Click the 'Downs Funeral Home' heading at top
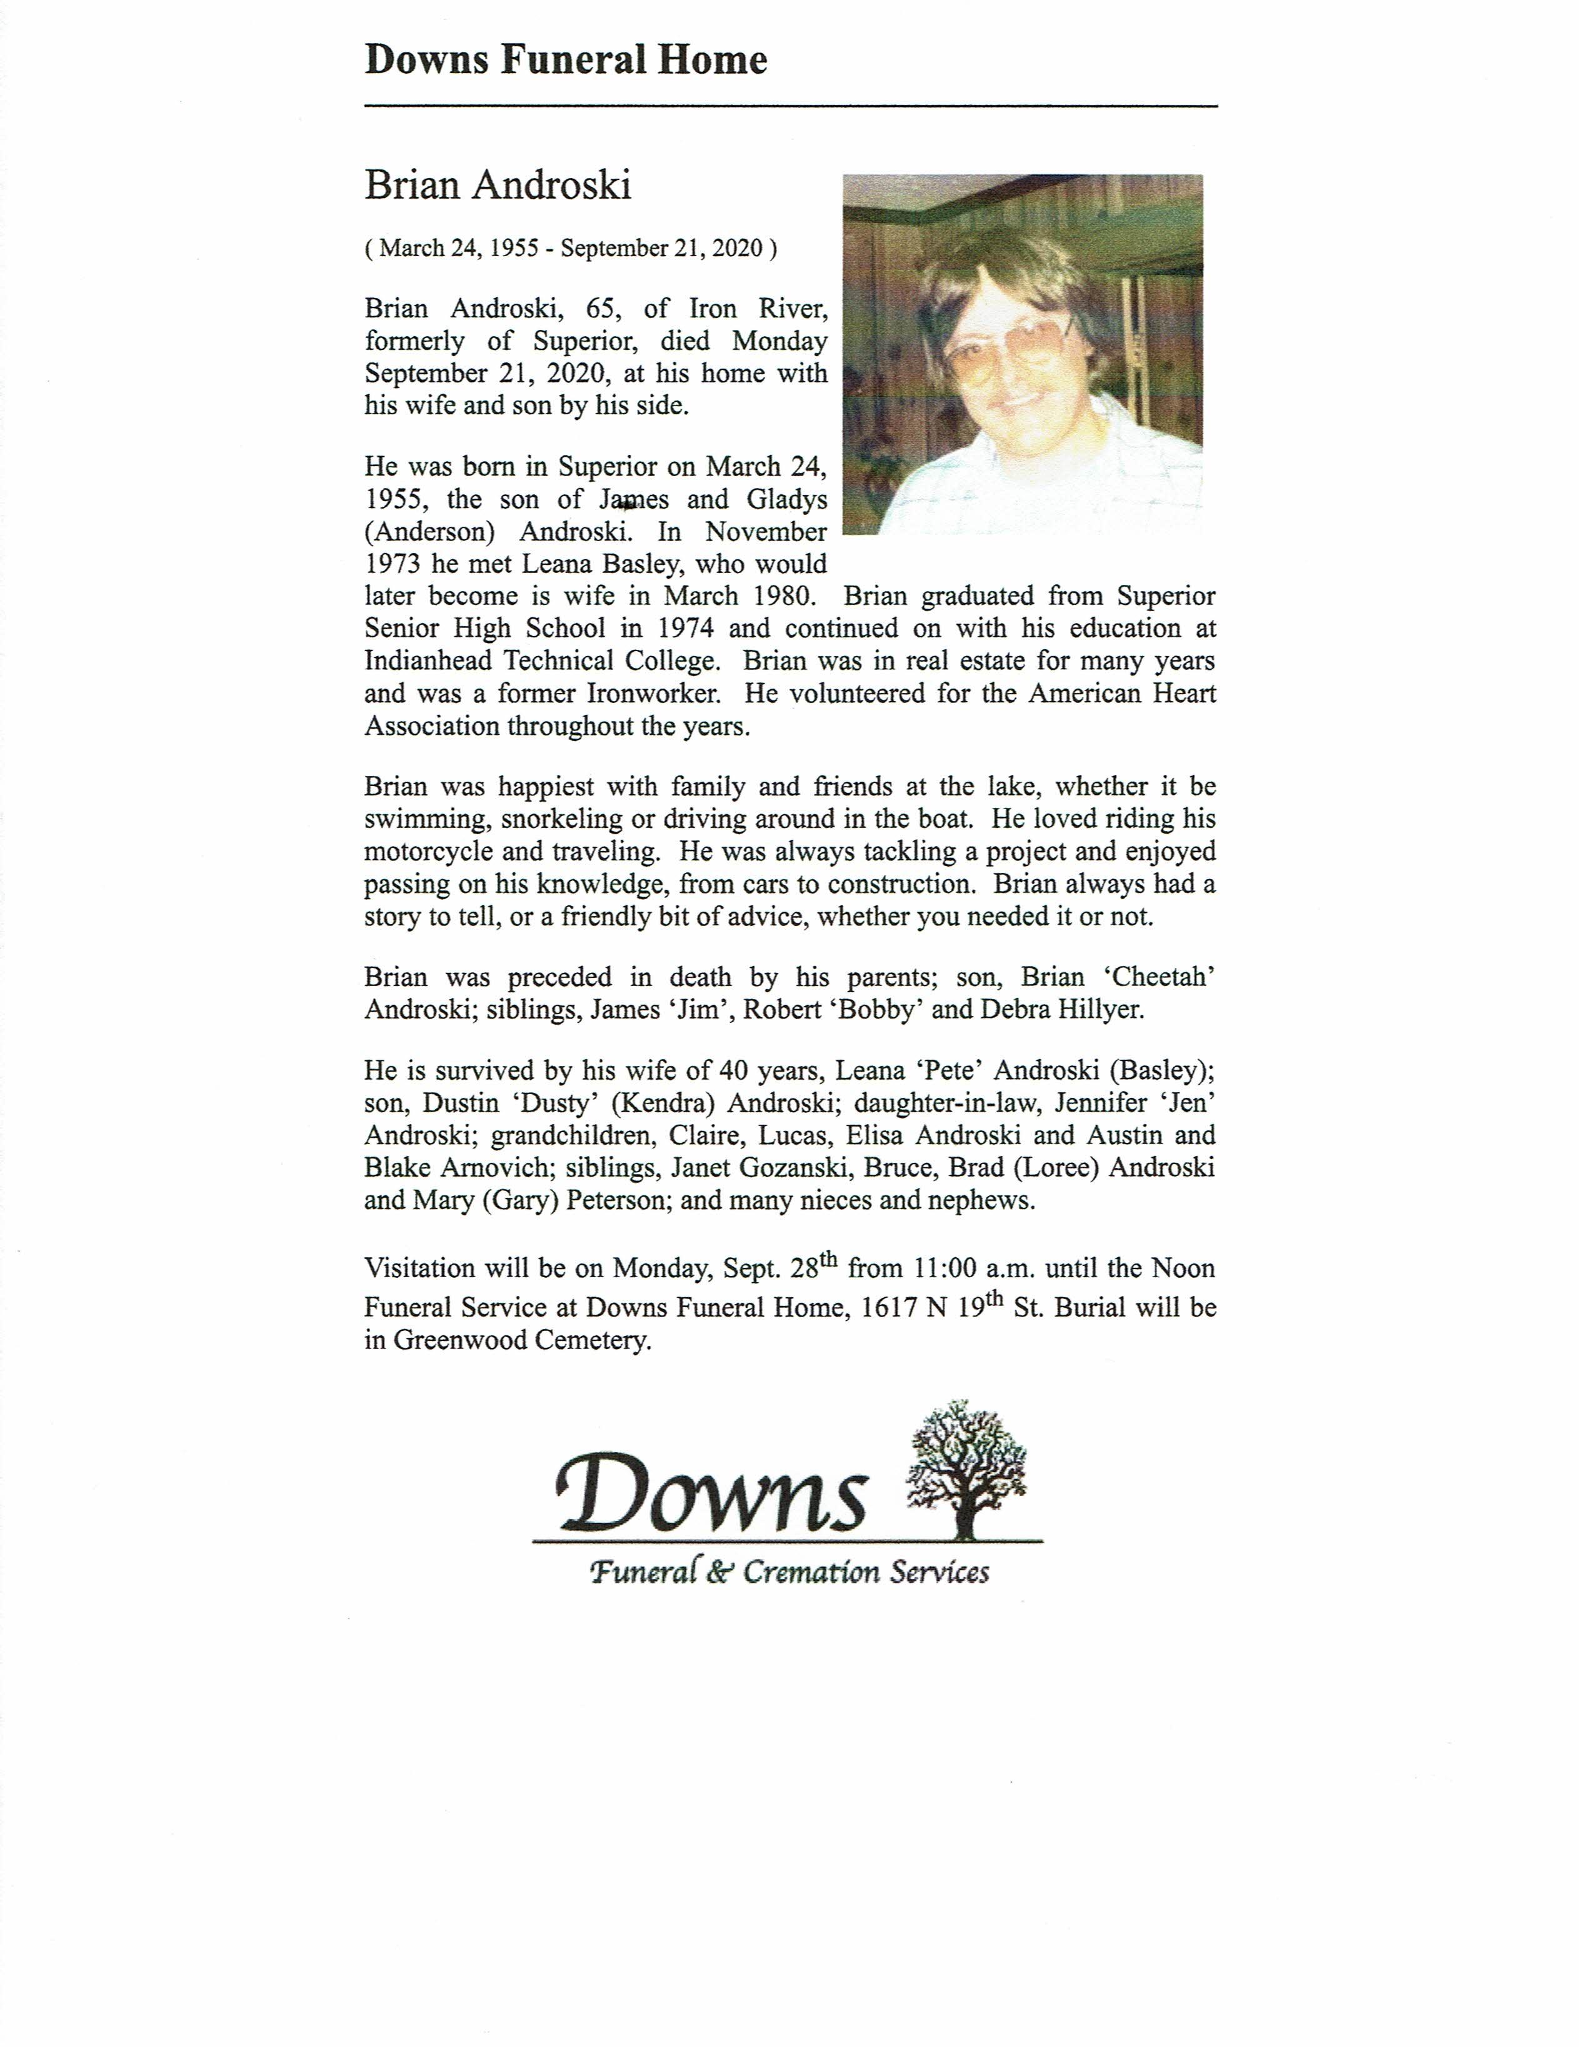[565, 60]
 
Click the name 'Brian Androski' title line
[497, 185]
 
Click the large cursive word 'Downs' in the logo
[710, 1494]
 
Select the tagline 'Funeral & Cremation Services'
[789, 1572]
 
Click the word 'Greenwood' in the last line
[459, 1340]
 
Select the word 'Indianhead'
[429, 661]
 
